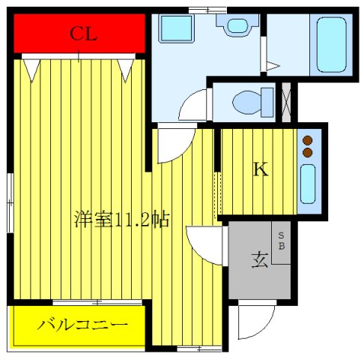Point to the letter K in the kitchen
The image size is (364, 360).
259,170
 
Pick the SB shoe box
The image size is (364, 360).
282,244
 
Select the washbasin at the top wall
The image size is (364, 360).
237,26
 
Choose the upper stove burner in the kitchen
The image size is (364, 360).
306,139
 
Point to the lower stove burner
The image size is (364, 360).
306,152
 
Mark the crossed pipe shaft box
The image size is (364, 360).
285,102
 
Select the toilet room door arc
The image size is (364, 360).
193,106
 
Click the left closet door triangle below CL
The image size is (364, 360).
31,69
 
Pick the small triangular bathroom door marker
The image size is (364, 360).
271,66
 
